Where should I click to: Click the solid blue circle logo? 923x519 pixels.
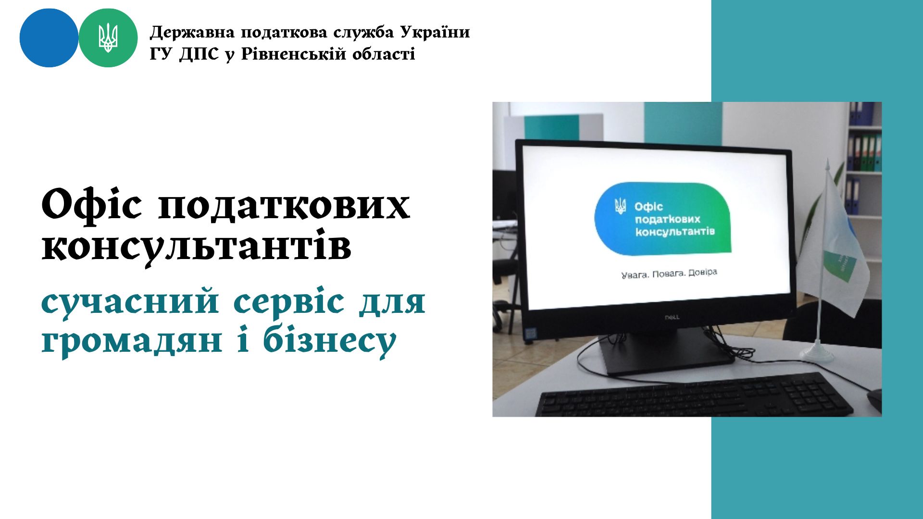click(x=49, y=38)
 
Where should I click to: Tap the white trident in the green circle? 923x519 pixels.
click(x=108, y=37)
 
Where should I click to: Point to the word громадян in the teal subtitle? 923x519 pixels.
click(x=132, y=342)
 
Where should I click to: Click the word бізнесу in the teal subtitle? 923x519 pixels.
click(x=329, y=341)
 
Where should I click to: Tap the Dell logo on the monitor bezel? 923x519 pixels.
click(x=672, y=317)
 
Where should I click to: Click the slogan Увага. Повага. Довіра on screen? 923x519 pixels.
click(x=669, y=274)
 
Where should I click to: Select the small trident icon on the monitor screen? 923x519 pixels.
click(x=621, y=206)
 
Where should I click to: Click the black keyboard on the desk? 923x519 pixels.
click(x=694, y=395)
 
